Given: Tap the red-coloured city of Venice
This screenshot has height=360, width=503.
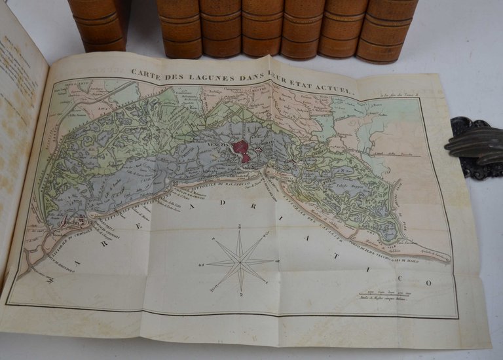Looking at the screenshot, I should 241,151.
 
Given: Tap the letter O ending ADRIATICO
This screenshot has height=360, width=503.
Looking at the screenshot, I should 428,283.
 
